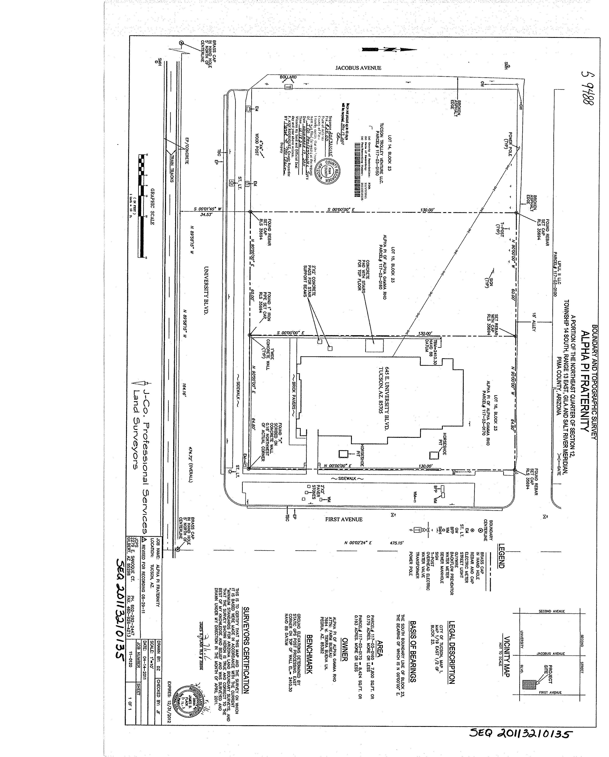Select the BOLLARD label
[288, 77]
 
